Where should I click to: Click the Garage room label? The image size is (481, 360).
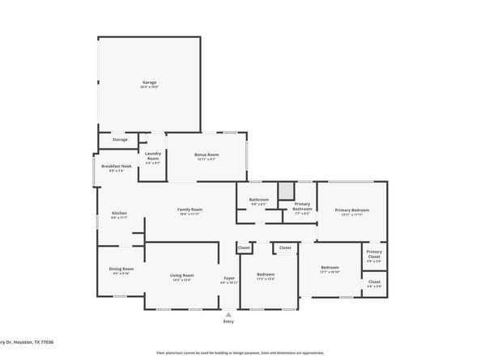(149, 83)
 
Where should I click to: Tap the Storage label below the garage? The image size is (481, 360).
(120, 139)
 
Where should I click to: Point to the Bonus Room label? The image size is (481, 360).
(206, 155)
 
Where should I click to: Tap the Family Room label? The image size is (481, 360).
(189, 210)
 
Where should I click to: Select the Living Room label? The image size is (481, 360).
(181, 277)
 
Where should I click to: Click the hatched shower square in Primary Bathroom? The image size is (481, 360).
(286, 191)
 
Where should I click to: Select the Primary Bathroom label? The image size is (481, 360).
(303, 206)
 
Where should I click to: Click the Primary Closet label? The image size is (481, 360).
(374, 253)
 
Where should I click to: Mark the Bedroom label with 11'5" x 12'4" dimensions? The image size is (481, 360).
(266, 275)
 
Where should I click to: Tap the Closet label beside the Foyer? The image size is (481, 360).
(244, 248)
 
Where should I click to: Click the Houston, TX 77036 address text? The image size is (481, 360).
(32, 342)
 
